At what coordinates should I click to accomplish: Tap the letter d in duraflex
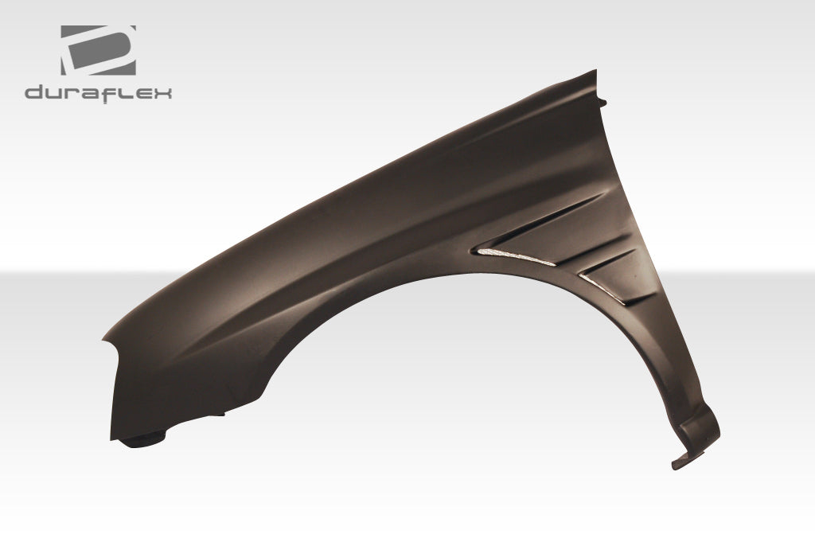click(35, 94)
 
